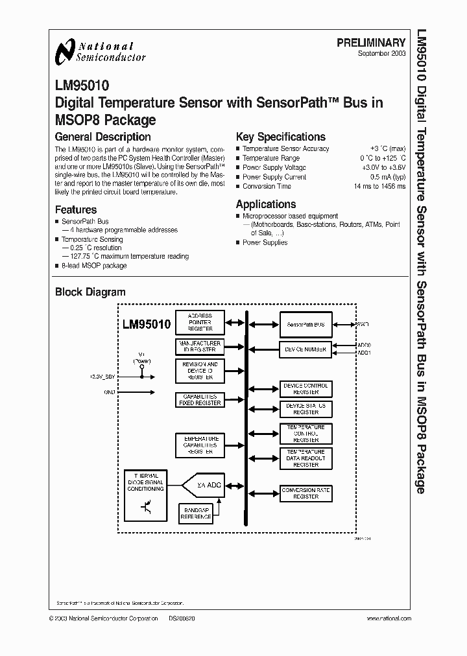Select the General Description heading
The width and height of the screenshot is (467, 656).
click(x=102, y=137)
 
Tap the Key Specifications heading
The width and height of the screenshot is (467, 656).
click(x=280, y=137)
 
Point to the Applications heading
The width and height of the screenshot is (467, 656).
click(x=266, y=204)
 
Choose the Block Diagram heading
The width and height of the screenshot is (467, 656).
click(x=90, y=292)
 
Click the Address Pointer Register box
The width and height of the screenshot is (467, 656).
click(x=200, y=321)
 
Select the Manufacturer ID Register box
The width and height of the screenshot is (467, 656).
click(x=200, y=347)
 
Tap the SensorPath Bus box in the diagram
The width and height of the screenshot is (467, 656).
click(x=305, y=324)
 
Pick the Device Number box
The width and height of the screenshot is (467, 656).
click(x=305, y=349)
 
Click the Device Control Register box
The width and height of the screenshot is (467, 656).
click(x=305, y=389)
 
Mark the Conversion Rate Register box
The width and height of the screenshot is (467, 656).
click(x=305, y=493)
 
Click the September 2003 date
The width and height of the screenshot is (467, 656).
click(x=381, y=53)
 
